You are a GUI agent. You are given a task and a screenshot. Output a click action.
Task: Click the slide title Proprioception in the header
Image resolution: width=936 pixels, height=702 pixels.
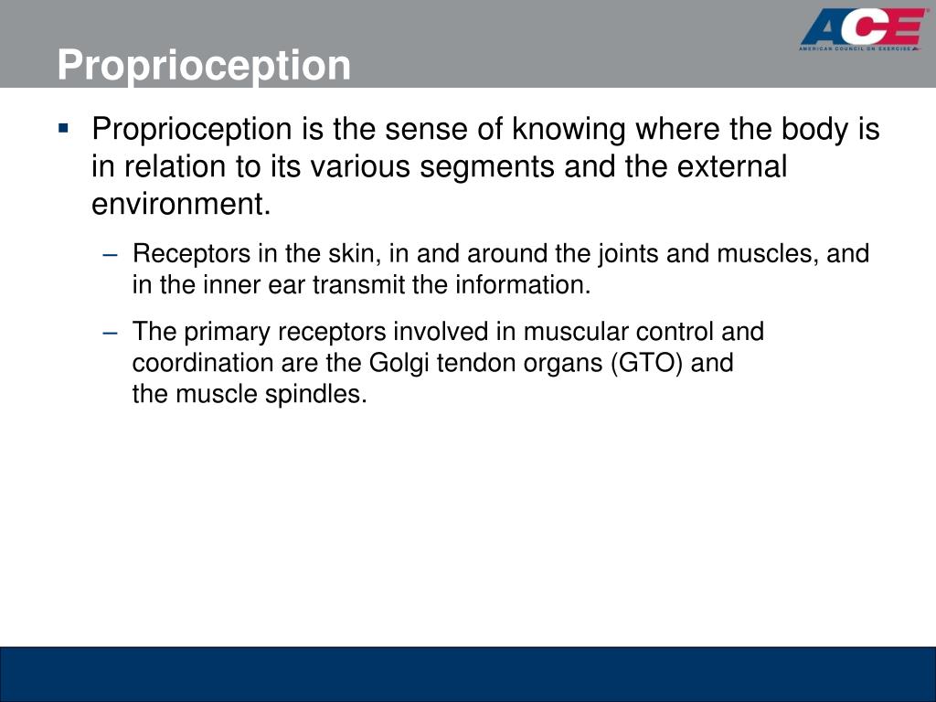click(204, 66)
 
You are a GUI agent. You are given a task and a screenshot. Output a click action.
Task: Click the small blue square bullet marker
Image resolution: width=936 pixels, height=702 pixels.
click(63, 128)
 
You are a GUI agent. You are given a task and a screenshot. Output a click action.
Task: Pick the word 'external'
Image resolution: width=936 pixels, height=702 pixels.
click(729, 167)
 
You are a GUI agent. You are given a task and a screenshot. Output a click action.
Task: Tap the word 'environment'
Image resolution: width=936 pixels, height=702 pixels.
click(180, 205)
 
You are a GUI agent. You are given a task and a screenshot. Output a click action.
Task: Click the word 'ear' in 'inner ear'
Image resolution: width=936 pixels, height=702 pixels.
click(291, 285)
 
